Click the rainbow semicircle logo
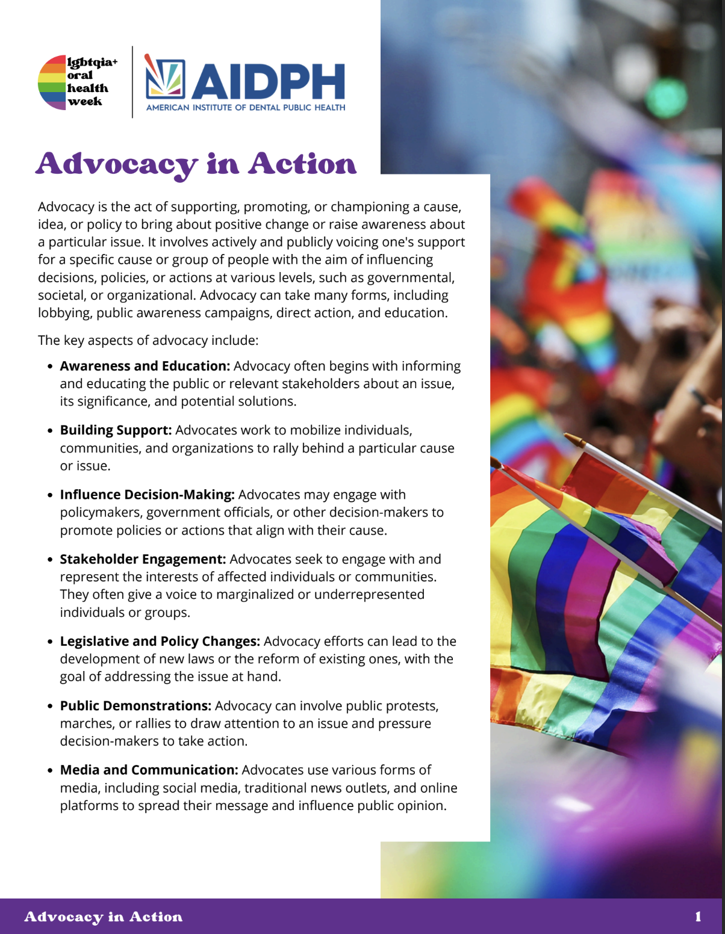tap(52, 82)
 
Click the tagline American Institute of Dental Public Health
tap(246, 108)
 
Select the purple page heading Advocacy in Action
tap(196, 164)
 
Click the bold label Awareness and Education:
tap(145, 366)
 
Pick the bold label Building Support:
tap(116, 430)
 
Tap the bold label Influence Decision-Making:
tap(147, 495)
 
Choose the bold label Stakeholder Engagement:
tap(143, 559)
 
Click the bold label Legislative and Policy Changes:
tap(160, 642)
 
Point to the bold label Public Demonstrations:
tap(135, 706)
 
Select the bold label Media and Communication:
tap(149, 770)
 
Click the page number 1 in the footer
tap(698, 917)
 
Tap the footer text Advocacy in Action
tap(103, 917)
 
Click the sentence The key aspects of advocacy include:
tap(148, 341)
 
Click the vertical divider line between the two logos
tap(132, 82)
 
